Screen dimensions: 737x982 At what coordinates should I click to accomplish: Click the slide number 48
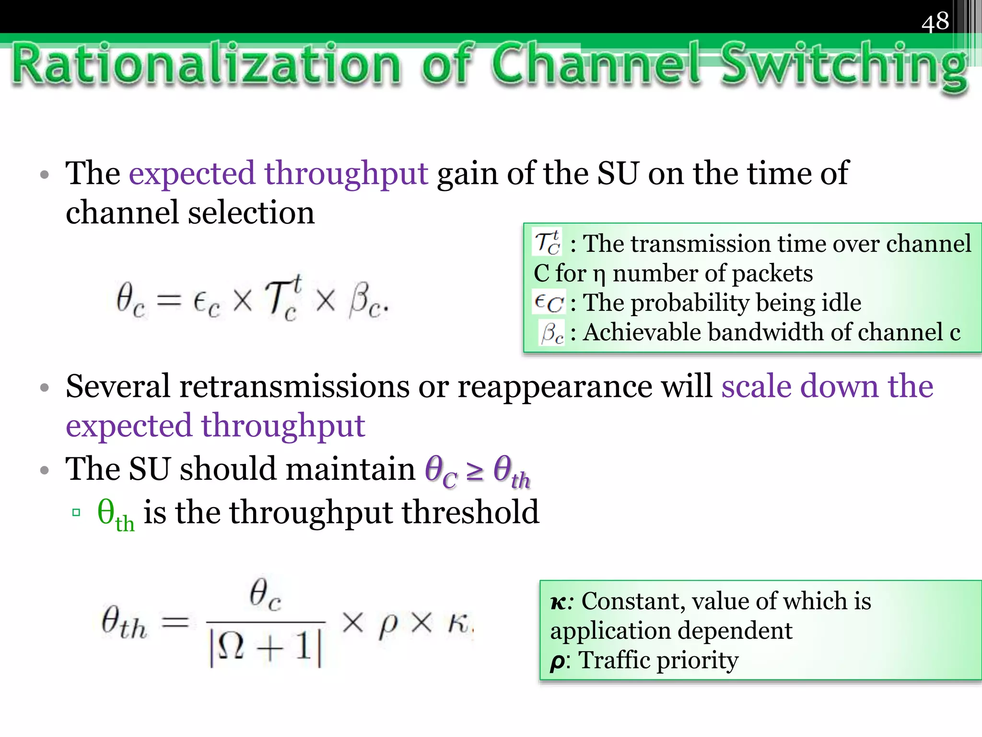[935, 22]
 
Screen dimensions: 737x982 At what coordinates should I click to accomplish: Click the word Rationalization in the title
[206, 65]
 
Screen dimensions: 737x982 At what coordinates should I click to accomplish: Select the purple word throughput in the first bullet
[346, 174]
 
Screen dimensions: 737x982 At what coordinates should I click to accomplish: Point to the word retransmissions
[294, 386]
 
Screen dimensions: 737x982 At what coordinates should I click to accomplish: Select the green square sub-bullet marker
[76, 512]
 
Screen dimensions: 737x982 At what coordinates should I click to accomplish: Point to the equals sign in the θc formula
[169, 301]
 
